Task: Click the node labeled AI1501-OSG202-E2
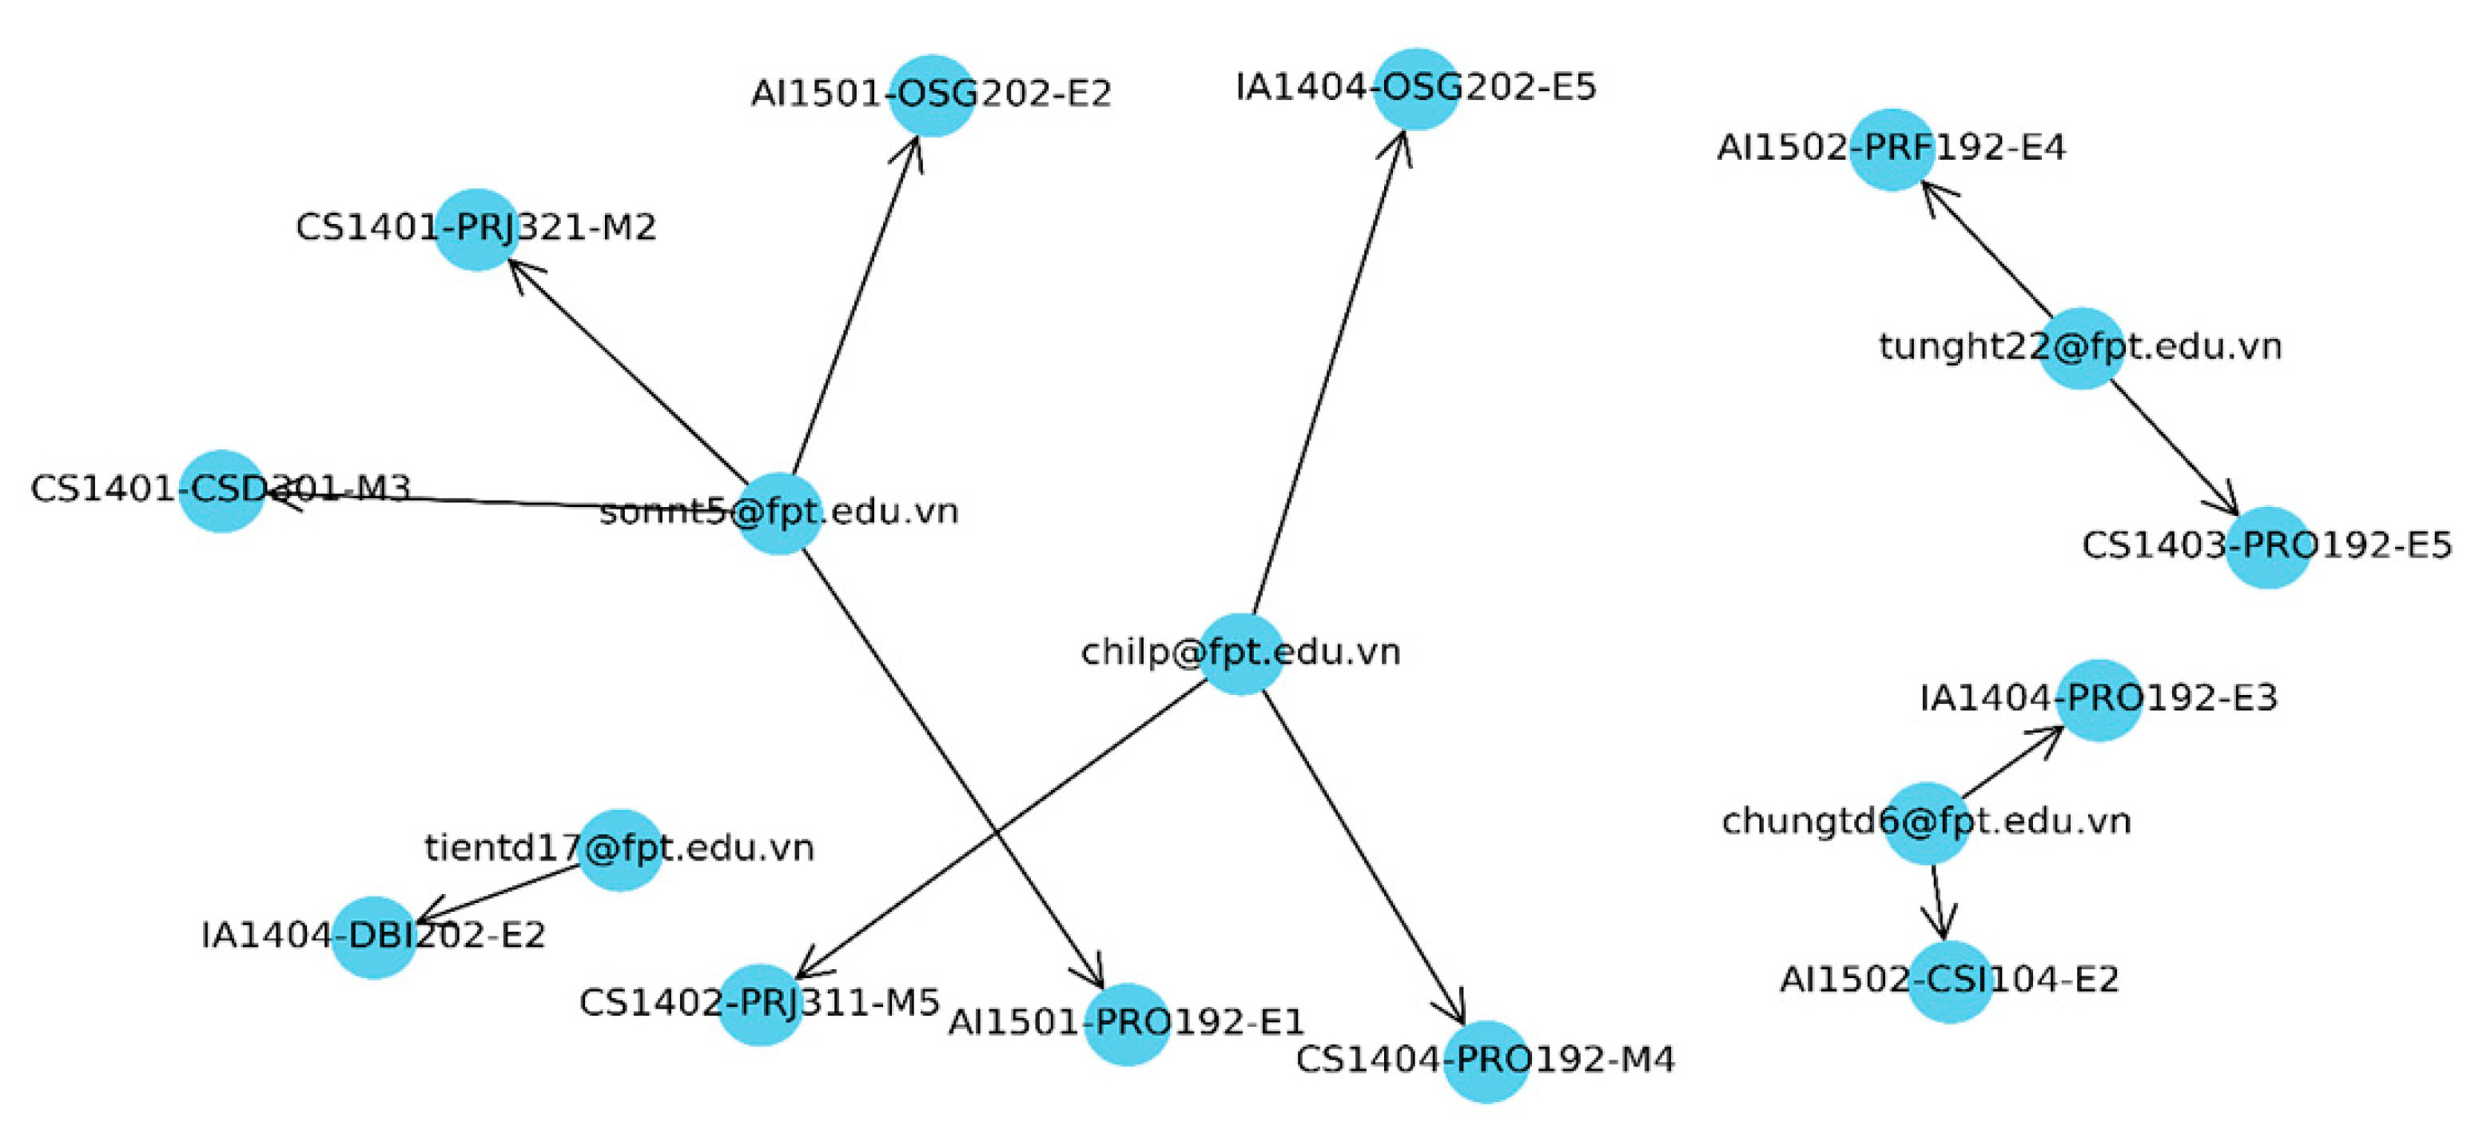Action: click(x=931, y=95)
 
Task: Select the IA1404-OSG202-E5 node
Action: click(x=1416, y=89)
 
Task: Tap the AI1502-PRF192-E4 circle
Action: click(x=1891, y=150)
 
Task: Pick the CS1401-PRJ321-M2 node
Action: click(x=476, y=230)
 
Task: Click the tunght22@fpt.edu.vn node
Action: click(x=2081, y=348)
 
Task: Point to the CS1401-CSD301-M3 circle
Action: click(x=221, y=490)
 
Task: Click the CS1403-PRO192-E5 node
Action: click(x=2267, y=547)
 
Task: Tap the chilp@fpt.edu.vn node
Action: click(x=1240, y=654)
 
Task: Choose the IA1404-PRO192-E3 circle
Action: click(x=2099, y=701)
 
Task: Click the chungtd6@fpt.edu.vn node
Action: click(x=1926, y=823)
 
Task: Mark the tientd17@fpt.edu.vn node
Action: click(x=620, y=849)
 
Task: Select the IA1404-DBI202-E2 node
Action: click(x=374, y=936)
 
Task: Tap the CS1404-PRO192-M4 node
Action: click(x=1486, y=1061)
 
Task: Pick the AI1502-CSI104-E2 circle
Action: click(x=1950, y=980)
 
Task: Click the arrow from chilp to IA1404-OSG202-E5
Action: click(x=1328, y=371)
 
